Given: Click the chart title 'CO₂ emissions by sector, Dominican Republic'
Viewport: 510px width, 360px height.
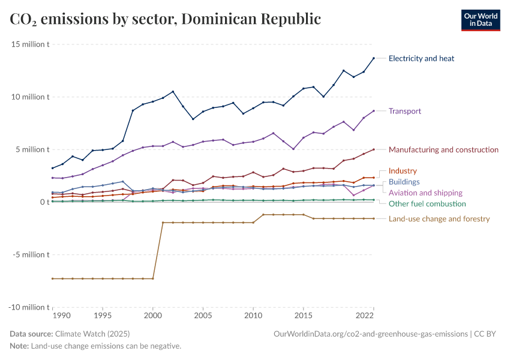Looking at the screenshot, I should click(x=166, y=19).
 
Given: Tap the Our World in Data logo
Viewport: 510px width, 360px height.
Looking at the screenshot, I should click(x=480, y=20).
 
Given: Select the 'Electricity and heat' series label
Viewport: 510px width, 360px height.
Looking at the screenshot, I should click(x=421, y=58).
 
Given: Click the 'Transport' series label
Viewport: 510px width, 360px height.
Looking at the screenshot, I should click(x=404, y=111).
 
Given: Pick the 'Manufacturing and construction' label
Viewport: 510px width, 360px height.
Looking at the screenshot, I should click(x=443, y=149).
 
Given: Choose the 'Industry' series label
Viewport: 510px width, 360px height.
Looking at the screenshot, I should click(x=402, y=171).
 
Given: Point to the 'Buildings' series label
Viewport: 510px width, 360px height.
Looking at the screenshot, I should click(x=404, y=182).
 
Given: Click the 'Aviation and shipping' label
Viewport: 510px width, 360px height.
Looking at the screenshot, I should click(x=425, y=193).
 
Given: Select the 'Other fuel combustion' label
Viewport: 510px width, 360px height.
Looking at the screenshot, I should click(x=427, y=203).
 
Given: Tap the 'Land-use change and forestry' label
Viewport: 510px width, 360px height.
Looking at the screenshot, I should click(x=439, y=218).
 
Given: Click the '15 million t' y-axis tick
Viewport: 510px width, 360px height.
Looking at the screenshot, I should click(x=29, y=44).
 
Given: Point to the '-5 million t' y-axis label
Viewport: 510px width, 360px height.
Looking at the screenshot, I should click(x=29, y=254).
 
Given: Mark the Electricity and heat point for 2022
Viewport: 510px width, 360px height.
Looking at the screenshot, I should click(x=374, y=58).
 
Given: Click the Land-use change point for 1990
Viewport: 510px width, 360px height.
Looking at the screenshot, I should click(x=53, y=278).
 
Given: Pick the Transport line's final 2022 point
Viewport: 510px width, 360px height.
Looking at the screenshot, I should click(x=374, y=111).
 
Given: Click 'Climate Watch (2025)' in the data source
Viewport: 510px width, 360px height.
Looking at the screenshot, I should click(x=92, y=334).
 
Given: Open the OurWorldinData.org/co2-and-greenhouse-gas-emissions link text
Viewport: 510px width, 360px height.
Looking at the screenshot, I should click(x=370, y=334).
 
